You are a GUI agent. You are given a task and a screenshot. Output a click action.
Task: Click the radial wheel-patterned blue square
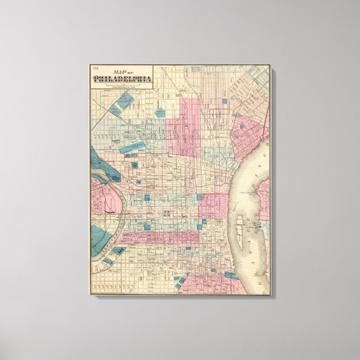pyautogui.click(x=136, y=167)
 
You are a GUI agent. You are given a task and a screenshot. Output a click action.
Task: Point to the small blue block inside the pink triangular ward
pyautogui.click(x=243, y=127)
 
